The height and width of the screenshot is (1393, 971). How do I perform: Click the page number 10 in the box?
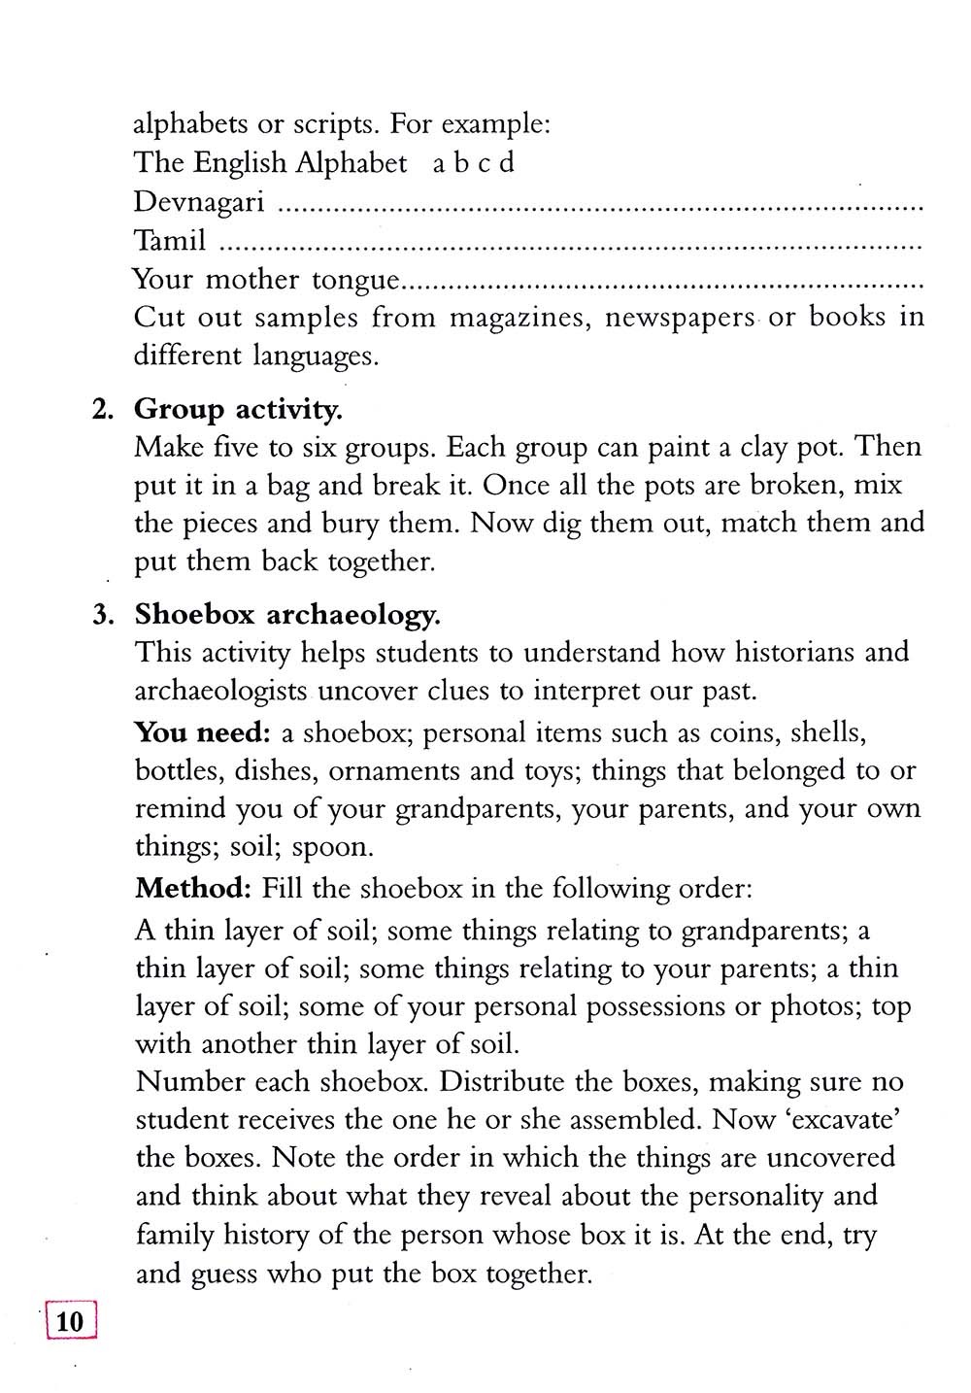coord(71,1322)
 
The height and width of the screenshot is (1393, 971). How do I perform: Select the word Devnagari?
coord(198,201)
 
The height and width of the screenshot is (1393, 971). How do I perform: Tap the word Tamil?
coord(169,240)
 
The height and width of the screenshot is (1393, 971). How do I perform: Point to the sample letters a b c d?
coord(473,162)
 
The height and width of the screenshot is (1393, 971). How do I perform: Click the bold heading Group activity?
coord(238,409)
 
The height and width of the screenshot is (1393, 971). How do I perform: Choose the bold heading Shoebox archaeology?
coord(287,614)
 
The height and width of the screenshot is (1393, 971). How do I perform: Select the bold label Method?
coord(193,888)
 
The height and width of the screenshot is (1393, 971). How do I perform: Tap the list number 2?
coord(102,409)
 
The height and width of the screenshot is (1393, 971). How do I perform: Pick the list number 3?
coord(102,615)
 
